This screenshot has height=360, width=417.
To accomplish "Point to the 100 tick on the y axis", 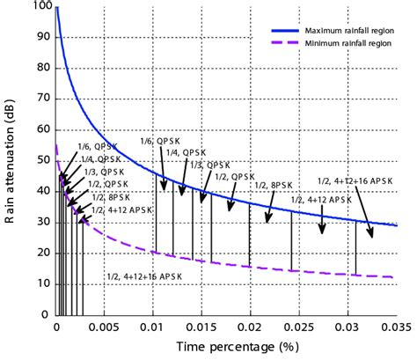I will (x=40, y=8).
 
